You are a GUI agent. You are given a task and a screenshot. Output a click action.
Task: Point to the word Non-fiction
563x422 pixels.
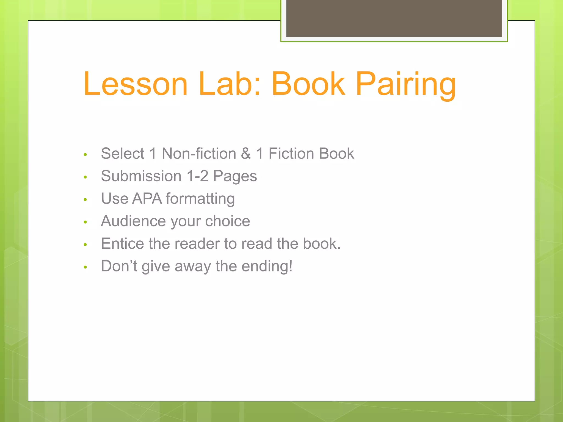199,153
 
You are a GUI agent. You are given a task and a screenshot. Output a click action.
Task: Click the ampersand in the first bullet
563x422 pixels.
246,153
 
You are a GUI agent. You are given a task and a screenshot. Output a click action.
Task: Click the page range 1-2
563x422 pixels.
197,176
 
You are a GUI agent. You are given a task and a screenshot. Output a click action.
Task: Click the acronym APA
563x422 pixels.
147,198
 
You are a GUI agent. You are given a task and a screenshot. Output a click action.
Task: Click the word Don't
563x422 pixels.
119,266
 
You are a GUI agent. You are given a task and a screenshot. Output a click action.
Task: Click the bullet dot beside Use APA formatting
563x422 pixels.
85,199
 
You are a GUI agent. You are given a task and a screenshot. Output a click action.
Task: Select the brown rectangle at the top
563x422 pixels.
394,18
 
